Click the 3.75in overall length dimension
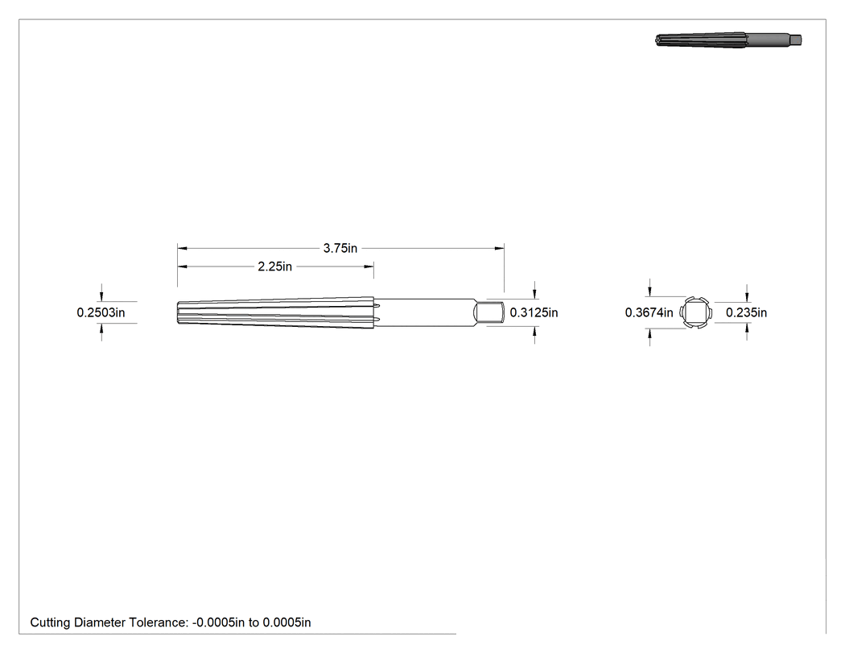[340, 248]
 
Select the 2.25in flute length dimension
[275, 267]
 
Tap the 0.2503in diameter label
[101, 312]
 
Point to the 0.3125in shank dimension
[534, 312]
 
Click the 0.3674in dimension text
[649, 312]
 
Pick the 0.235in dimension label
[746, 312]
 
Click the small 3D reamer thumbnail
[728, 40]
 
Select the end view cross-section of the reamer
[695, 312]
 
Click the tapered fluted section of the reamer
[276, 312]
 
